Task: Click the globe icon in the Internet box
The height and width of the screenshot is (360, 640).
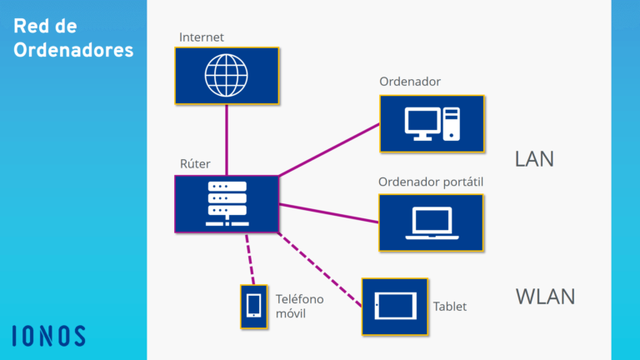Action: [227, 75]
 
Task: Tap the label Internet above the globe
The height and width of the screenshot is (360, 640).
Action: [202, 37]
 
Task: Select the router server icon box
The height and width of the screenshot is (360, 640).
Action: [227, 203]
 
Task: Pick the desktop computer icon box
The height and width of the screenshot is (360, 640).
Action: [432, 123]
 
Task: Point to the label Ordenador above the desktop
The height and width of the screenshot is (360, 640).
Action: [410, 82]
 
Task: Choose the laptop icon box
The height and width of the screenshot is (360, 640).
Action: [431, 222]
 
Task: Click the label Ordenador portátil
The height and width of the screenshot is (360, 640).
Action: [431, 182]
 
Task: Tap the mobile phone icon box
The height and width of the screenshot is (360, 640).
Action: [253, 307]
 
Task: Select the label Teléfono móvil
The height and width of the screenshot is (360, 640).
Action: [299, 306]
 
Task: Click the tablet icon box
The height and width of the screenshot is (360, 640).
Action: [394, 307]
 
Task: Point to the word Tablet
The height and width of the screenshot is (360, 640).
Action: [450, 307]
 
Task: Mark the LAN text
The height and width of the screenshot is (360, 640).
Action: [534, 159]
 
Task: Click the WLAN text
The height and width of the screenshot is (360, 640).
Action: [545, 297]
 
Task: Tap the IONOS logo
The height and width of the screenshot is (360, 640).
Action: [49, 336]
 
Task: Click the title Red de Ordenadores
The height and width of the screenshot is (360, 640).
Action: [73, 38]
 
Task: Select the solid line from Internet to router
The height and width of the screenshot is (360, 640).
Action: [227, 140]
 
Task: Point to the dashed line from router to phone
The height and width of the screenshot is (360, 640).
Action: [248, 258]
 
